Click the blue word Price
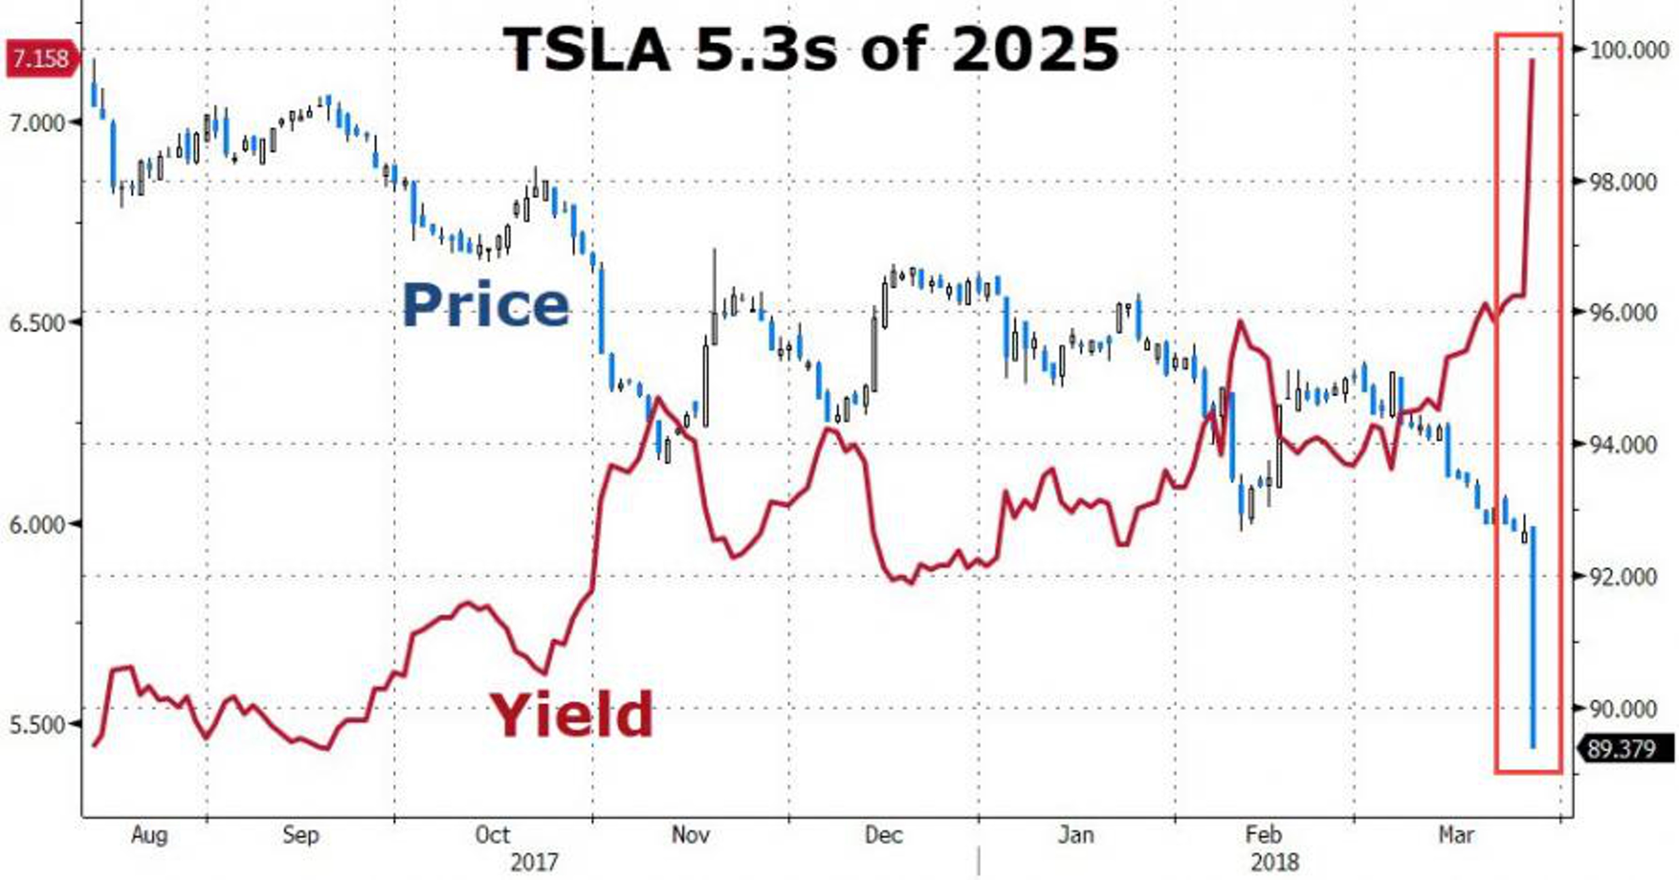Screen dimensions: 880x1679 486,305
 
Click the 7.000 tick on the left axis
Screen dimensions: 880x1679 38,123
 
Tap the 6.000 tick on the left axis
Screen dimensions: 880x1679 38,524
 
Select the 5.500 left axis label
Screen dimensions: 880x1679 38,725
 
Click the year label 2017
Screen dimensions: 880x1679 534,863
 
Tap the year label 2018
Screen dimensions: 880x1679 1275,863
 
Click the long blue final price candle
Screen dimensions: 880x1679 1533,639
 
